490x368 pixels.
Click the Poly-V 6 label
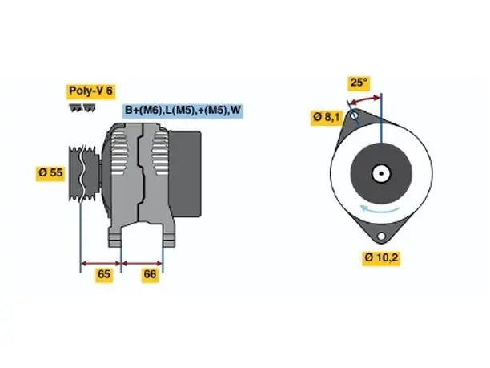[x=90, y=91]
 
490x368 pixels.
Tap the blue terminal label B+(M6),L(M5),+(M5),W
[x=183, y=110]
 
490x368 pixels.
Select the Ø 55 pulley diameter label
[x=50, y=172]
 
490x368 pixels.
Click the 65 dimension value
[x=104, y=274]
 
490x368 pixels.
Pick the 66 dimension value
[x=150, y=274]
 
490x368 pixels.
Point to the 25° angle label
[x=359, y=83]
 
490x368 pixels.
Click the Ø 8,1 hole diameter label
[x=327, y=117]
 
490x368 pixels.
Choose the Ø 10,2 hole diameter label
[x=381, y=258]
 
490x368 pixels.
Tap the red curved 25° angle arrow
[x=364, y=99]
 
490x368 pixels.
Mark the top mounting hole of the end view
[x=355, y=115]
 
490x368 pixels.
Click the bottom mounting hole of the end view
[x=381, y=236]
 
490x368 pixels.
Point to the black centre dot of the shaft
[x=381, y=173]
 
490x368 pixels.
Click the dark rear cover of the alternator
[x=185, y=174]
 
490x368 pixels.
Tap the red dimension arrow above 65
[x=101, y=263]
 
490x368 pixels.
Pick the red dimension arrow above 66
[x=143, y=263]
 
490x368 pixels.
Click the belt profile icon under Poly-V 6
[x=82, y=108]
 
